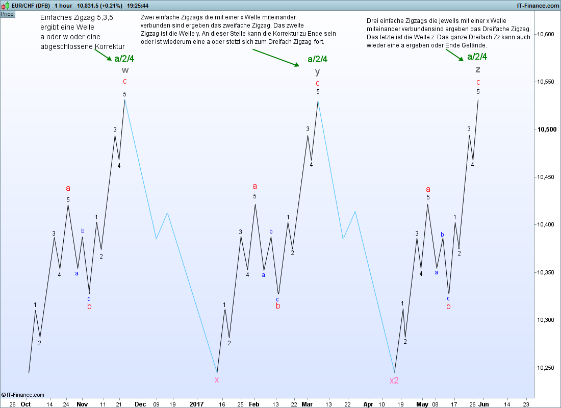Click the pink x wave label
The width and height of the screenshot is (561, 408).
[217, 379]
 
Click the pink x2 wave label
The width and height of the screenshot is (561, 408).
[394, 380]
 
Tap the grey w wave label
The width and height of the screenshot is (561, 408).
[125, 70]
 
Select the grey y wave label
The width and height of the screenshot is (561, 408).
[317, 71]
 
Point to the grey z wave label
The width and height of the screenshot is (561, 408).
[478, 70]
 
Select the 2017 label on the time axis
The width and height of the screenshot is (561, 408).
[197, 404]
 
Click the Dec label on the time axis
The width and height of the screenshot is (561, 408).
[140, 404]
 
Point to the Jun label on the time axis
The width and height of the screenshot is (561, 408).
[483, 404]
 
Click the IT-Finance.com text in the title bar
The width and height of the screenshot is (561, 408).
[538, 6]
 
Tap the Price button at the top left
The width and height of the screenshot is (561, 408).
[7, 14]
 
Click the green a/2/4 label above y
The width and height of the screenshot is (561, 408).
[317, 59]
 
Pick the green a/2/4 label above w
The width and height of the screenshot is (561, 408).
[124, 59]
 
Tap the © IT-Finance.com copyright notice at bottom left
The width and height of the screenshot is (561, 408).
[23, 395]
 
